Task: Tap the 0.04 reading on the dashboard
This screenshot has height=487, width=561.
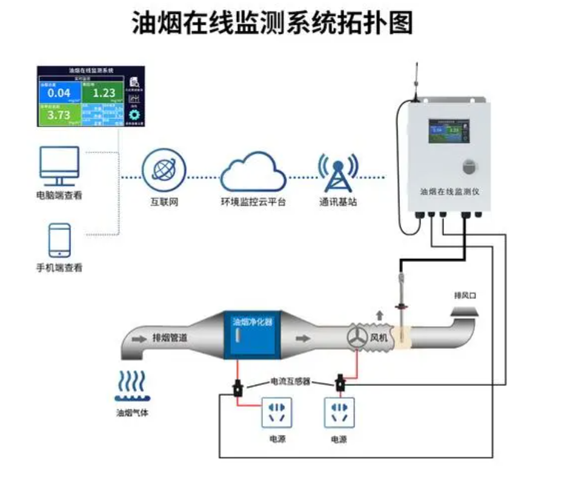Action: (59, 93)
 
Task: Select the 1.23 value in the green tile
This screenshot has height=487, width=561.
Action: (104, 93)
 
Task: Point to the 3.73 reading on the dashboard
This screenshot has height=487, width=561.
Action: (59, 116)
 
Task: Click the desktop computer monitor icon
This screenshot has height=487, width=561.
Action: (59, 166)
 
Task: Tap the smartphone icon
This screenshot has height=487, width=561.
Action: (59, 241)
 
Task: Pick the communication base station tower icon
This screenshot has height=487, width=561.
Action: (339, 172)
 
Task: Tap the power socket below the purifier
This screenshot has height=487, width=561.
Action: (277, 413)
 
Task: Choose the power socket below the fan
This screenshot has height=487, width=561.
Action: (339, 413)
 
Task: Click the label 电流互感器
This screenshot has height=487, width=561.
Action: (290, 382)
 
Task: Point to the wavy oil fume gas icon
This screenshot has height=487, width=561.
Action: (131, 386)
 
